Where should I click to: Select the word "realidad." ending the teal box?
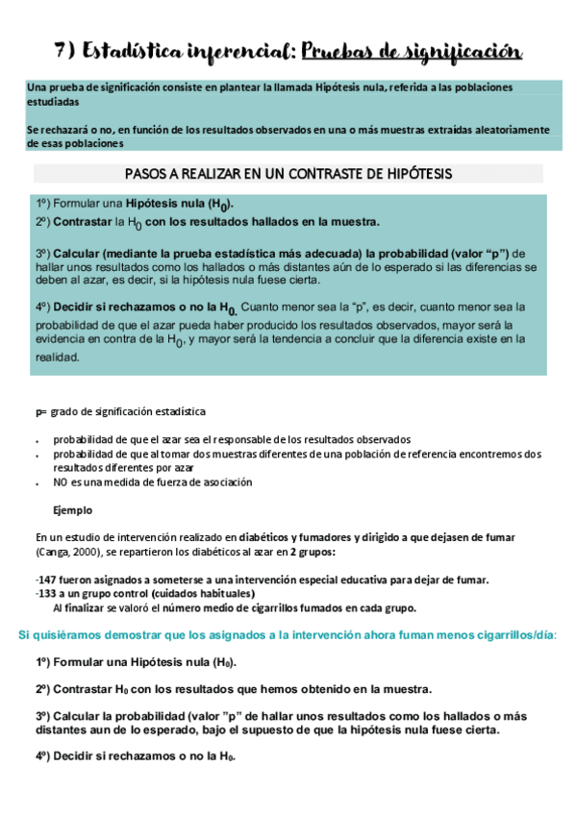click(59, 356)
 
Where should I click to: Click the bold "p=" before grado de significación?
click(40, 411)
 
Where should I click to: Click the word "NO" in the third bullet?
click(61, 482)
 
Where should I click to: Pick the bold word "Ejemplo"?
click(74, 509)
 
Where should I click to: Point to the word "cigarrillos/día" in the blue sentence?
click(521, 635)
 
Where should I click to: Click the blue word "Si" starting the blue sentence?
click(25, 635)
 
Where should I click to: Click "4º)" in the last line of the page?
click(47, 755)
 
